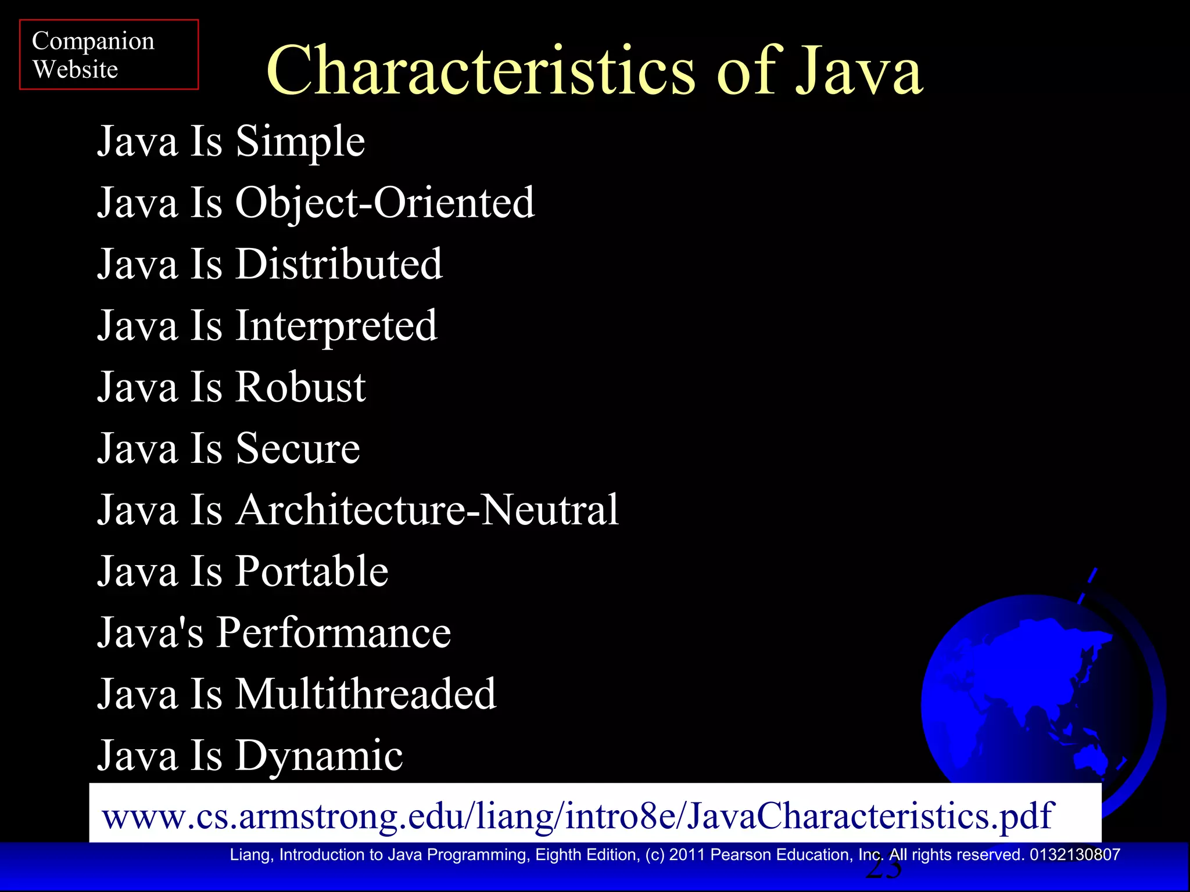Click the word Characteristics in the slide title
pyautogui.click(x=480, y=71)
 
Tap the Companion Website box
pyautogui.click(x=109, y=55)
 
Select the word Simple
pyautogui.click(x=300, y=142)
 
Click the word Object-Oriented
pyautogui.click(x=384, y=203)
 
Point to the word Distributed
pyautogui.click(x=339, y=264)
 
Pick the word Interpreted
pyautogui.click(x=336, y=326)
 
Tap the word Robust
pyautogui.click(x=300, y=387)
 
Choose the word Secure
pyautogui.click(x=297, y=448)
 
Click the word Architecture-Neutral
pyautogui.click(x=426, y=510)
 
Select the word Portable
pyautogui.click(x=311, y=571)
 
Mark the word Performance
pyautogui.click(x=334, y=632)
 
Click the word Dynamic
pyautogui.click(x=318, y=756)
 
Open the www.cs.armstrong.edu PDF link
pyautogui.click(x=578, y=815)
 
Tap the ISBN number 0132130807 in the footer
pyautogui.click(x=1074, y=855)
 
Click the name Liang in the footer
pyautogui.click(x=250, y=855)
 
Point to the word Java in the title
pyautogui.click(x=859, y=71)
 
